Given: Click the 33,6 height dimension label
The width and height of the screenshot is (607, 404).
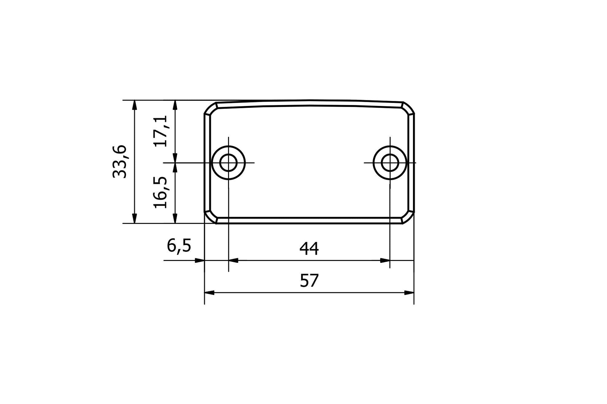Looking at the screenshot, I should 120,161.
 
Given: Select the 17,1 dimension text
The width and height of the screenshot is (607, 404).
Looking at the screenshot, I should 161,131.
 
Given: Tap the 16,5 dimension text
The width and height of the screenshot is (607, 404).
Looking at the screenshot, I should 161,192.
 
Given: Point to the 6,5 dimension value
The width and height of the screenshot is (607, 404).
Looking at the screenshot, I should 179,246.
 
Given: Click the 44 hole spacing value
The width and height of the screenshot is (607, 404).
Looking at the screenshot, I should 309,249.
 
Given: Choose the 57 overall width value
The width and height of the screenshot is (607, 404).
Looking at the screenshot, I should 309,281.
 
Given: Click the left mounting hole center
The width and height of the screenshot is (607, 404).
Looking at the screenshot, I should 228,163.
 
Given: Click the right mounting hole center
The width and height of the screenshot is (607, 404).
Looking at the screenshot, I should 390,163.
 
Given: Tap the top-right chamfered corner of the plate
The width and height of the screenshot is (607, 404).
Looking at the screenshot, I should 408,108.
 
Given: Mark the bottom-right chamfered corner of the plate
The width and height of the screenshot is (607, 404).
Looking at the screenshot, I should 408,217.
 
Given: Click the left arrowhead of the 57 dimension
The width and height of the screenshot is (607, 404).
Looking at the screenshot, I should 209,293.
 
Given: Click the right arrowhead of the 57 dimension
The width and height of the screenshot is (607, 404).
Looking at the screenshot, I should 409,293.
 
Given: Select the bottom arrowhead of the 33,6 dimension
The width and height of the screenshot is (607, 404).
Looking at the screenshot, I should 134,219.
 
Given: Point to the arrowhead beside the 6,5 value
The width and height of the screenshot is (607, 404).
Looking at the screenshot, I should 200,260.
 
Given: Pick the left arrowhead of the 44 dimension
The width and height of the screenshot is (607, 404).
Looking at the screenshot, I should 233,260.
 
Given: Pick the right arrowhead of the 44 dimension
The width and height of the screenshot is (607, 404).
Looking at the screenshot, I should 385,260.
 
